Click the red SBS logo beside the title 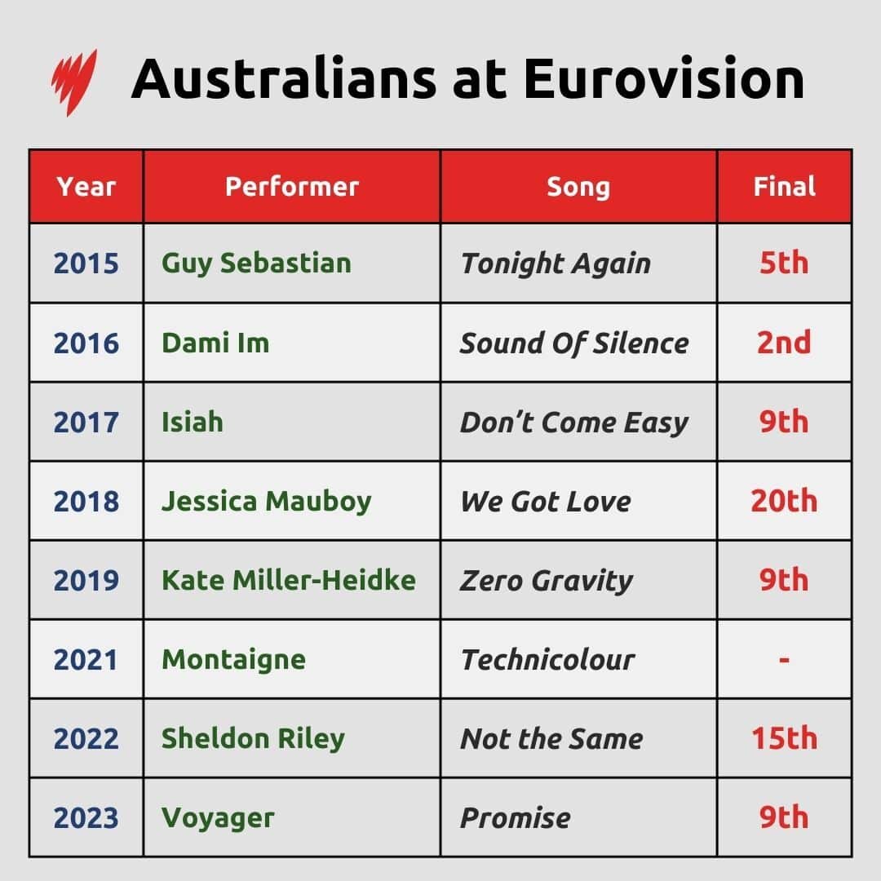tap(73, 81)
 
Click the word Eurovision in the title tap(663, 79)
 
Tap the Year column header tap(86, 187)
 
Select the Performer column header tap(292, 187)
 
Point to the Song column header tap(578, 187)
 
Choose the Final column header tap(784, 187)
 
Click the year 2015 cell tap(86, 263)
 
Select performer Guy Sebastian tap(256, 263)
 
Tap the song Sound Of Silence tap(574, 343)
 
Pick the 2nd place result tap(784, 343)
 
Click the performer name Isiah tap(193, 422)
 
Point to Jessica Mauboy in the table tap(266, 501)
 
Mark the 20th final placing tap(784, 501)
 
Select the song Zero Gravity tap(547, 581)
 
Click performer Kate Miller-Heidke tap(289, 580)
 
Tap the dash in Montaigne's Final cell tap(784, 659)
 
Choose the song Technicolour tap(547, 659)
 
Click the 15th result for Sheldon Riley tap(784, 738)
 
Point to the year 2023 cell tap(86, 817)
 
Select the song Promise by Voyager tap(516, 817)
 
